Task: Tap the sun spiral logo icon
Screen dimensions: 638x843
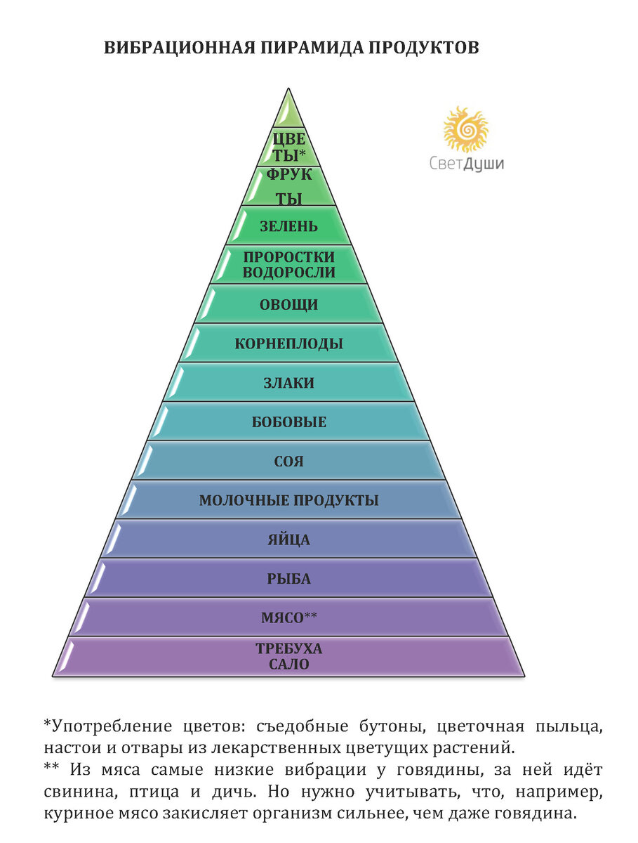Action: click(465, 129)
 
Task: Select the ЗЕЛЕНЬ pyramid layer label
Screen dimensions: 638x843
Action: click(288, 226)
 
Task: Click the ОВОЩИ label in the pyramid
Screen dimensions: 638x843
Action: click(288, 305)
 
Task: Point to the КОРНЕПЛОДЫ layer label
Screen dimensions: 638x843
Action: click(288, 344)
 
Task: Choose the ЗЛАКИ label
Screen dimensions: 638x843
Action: click(288, 384)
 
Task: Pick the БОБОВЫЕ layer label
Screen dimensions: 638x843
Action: click(288, 423)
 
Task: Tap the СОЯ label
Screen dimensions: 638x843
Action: click(288, 462)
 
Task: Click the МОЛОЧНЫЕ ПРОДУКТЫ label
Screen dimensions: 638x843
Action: click(288, 501)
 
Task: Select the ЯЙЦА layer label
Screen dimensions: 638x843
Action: click(288, 540)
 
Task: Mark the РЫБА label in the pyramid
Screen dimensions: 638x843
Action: click(288, 580)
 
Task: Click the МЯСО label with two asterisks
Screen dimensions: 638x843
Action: click(288, 617)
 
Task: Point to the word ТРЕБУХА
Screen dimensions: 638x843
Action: click(288, 648)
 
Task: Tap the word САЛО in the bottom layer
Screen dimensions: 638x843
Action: click(288, 664)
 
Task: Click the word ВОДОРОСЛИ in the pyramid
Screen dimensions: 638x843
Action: click(288, 273)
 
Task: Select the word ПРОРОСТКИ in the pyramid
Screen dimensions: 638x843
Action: click(288, 257)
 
